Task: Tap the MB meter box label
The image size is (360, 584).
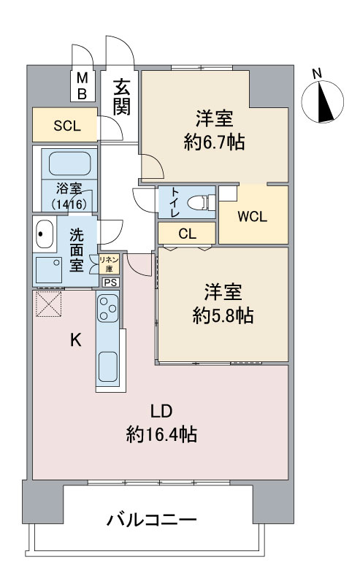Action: tap(83, 86)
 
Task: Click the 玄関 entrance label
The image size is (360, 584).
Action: tap(121, 97)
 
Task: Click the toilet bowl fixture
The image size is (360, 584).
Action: tap(199, 202)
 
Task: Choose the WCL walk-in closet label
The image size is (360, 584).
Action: tap(253, 217)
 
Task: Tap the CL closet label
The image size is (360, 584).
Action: tap(186, 234)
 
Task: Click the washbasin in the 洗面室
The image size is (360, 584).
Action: tap(45, 235)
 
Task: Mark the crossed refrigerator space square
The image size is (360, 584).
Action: tap(48, 304)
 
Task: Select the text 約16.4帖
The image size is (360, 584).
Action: tap(161, 436)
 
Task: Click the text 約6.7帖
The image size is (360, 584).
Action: tap(213, 143)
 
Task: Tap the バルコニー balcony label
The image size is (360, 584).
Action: tap(152, 520)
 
